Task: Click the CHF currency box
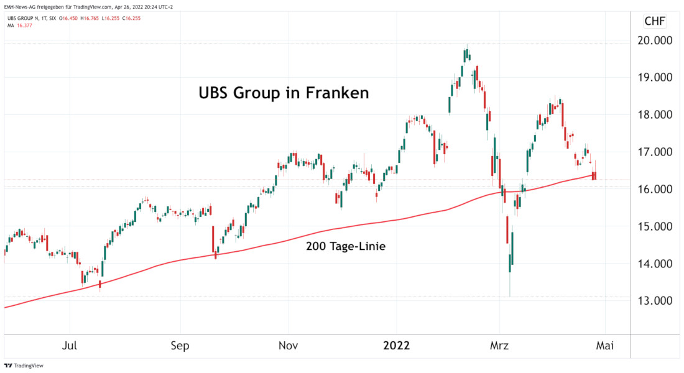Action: [x=654, y=21]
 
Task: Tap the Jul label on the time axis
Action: [x=70, y=346]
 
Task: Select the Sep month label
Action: [x=180, y=346]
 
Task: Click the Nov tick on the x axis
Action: [x=288, y=346]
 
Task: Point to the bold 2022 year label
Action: [x=396, y=346]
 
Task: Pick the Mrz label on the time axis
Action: [x=500, y=346]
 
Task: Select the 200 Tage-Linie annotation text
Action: [x=346, y=247]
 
